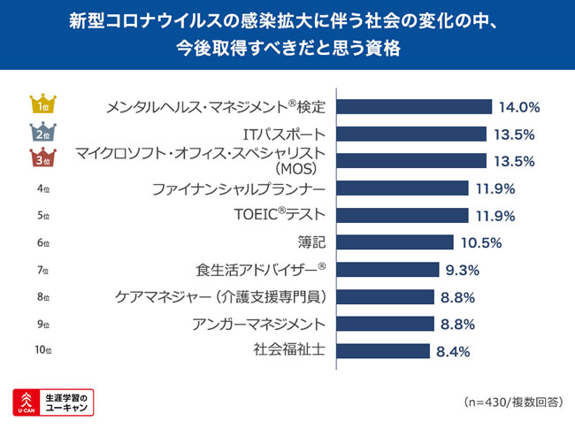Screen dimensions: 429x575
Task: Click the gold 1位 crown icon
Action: click(x=42, y=105)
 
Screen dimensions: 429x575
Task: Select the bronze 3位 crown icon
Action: click(x=42, y=159)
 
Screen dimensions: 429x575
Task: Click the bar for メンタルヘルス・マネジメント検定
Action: click(x=416, y=107)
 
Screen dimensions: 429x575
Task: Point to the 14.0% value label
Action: click(x=519, y=108)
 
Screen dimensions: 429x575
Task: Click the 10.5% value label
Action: click(x=481, y=242)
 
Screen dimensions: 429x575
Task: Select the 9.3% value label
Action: click(x=464, y=270)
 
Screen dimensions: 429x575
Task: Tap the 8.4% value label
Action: click(x=453, y=350)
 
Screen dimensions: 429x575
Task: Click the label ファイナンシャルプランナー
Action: click(x=239, y=188)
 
